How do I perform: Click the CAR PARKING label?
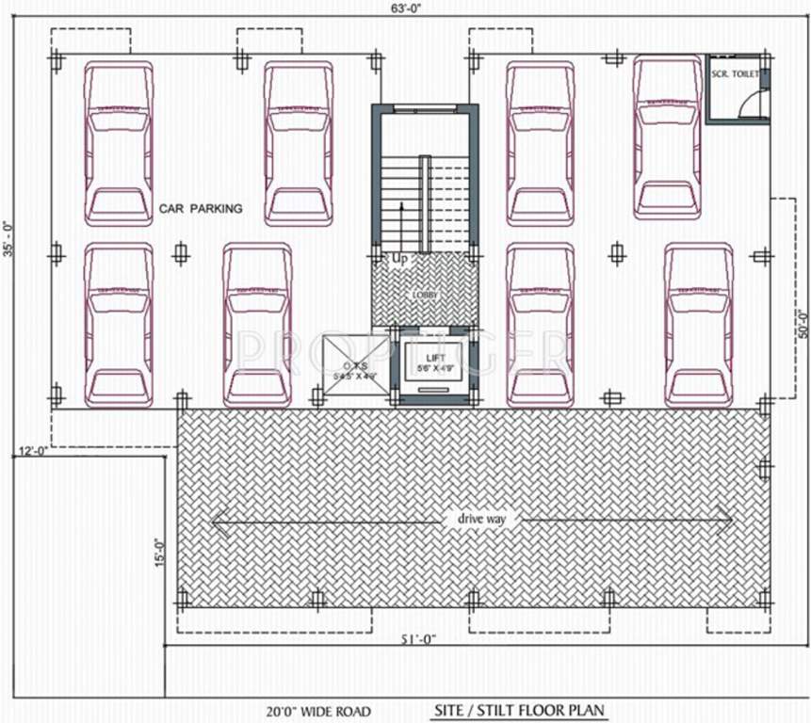point(201,209)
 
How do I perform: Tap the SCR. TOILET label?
point(736,73)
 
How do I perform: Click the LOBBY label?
point(424,295)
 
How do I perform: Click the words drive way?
point(481,519)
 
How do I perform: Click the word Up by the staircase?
point(398,257)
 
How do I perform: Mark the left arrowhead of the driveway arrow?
point(219,520)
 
